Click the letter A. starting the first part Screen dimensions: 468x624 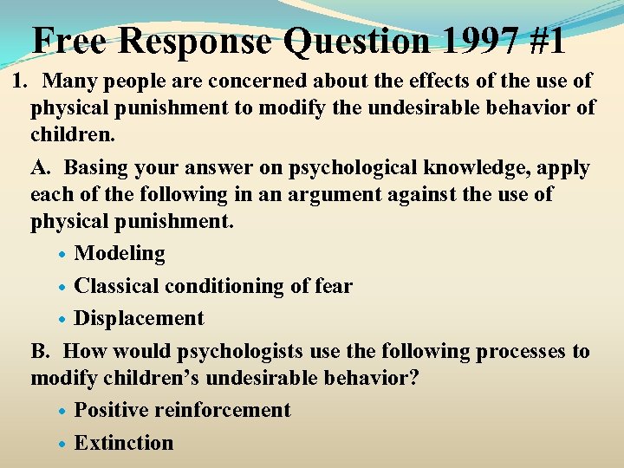[42, 167]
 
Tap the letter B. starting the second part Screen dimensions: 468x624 [41, 351]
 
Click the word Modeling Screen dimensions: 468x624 [120, 253]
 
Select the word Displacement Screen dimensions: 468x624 [139, 318]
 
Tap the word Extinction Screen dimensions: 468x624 [124, 442]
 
